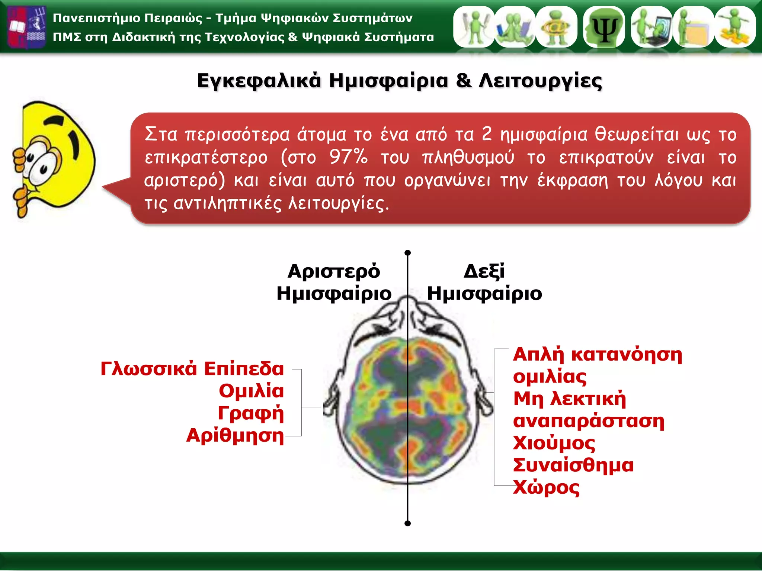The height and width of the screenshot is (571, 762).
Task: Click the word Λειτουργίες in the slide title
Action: click(x=540, y=81)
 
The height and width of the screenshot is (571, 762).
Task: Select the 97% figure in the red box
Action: click(x=349, y=157)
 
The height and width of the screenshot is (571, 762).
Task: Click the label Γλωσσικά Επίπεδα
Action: click(x=192, y=369)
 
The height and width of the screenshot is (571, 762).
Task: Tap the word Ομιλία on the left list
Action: click(x=251, y=391)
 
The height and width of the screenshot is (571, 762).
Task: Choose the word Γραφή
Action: click(x=251, y=413)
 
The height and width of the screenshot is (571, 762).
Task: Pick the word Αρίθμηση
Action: click(x=235, y=435)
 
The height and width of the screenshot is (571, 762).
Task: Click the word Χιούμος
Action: click(x=554, y=443)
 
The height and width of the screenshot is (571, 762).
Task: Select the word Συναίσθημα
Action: click(x=573, y=465)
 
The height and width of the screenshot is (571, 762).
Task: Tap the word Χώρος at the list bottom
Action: click(x=546, y=487)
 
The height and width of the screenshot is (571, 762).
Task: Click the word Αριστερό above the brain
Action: click(x=334, y=271)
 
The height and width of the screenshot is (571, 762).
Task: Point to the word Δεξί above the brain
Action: click(x=484, y=271)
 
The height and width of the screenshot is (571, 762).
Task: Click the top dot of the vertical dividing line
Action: click(x=407, y=253)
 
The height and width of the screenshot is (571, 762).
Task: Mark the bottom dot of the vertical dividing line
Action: click(x=407, y=523)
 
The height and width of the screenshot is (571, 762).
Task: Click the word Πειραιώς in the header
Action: click(x=173, y=18)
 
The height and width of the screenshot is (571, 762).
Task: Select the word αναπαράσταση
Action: click(x=588, y=421)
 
